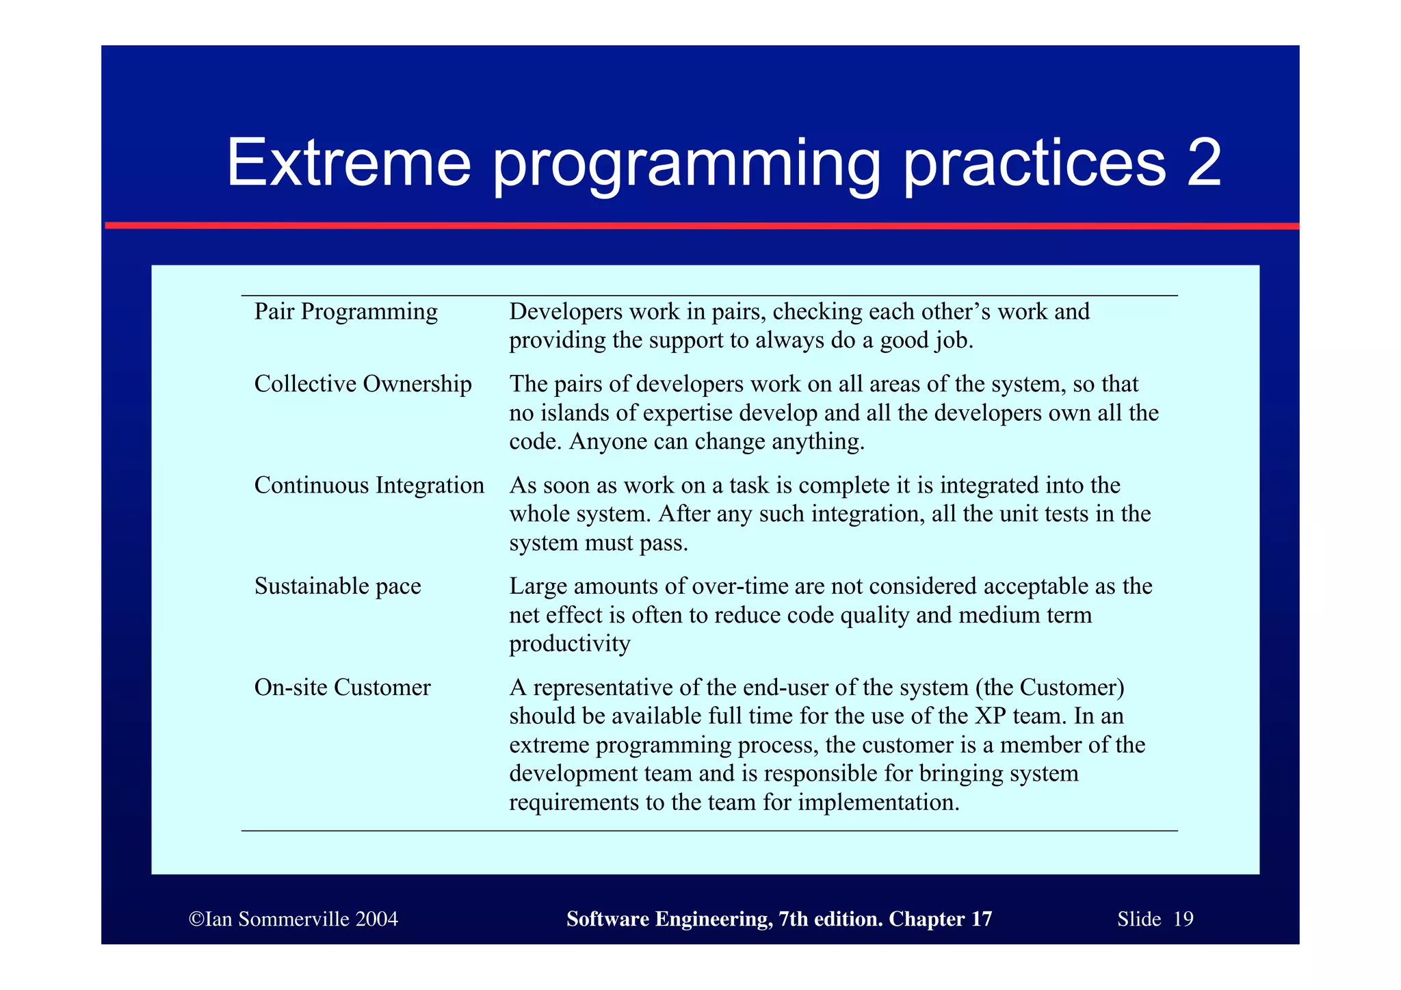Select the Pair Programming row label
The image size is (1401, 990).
point(345,312)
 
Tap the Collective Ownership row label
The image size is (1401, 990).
point(363,385)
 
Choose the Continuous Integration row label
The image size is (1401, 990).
point(369,486)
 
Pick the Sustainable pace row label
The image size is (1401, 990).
point(337,586)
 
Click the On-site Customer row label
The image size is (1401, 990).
point(342,688)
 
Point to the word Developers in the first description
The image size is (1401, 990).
point(565,312)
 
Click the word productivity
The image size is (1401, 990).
point(569,644)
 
